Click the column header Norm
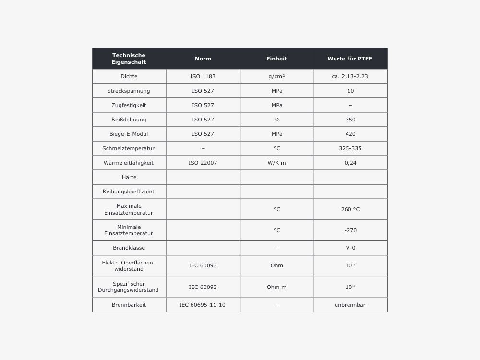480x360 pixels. pyautogui.click(x=203, y=59)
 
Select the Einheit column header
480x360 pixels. pyautogui.click(x=276, y=59)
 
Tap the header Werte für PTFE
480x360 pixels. pyautogui.click(x=350, y=59)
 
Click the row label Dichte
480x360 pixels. pyautogui.click(x=129, y=76)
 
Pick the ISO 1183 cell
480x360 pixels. pyautogui.click(x=203, y=76)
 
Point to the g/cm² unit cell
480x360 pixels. pyautogui.click(x=277, y=76)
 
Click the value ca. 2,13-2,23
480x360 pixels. pyautogui.click(x=350, y=76)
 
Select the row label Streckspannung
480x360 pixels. pyautogui.click(x=129, y=91)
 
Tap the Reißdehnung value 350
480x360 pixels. pyautogui.click(x=350, y=120)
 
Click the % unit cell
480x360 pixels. pyautogui.click(x=277, y=120)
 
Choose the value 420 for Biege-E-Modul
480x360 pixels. pyautogui.click(x=350, y=134)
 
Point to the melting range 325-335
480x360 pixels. pyautogui.click(x=350, y=148)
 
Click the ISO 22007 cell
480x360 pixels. pyautogui.click(x=203, y=163)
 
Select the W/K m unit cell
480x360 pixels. pyautogui.click(x=277, y=163)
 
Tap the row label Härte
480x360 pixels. pyautogui.click(x=129, y=177)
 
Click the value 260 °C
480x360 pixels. pyautogui.click(x=350, y=209)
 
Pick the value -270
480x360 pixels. pyautogui.click(x=350, y=230)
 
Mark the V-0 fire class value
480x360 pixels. pyautogui.click(x=350, y=248)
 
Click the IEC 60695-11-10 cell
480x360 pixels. pyautogui.click(x=203, y=305)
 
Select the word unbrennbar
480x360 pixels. pyautogui.click(x=350, y=305)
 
